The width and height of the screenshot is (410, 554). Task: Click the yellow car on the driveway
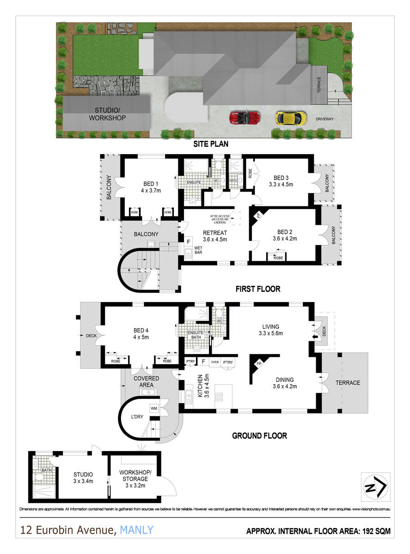coord(291,117)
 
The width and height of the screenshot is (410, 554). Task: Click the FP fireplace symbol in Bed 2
coord(258,215)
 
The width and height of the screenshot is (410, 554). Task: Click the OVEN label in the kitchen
coord(214,362)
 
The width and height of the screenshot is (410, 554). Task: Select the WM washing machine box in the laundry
coord(153,408)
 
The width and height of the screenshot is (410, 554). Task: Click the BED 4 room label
coord(141,334)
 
